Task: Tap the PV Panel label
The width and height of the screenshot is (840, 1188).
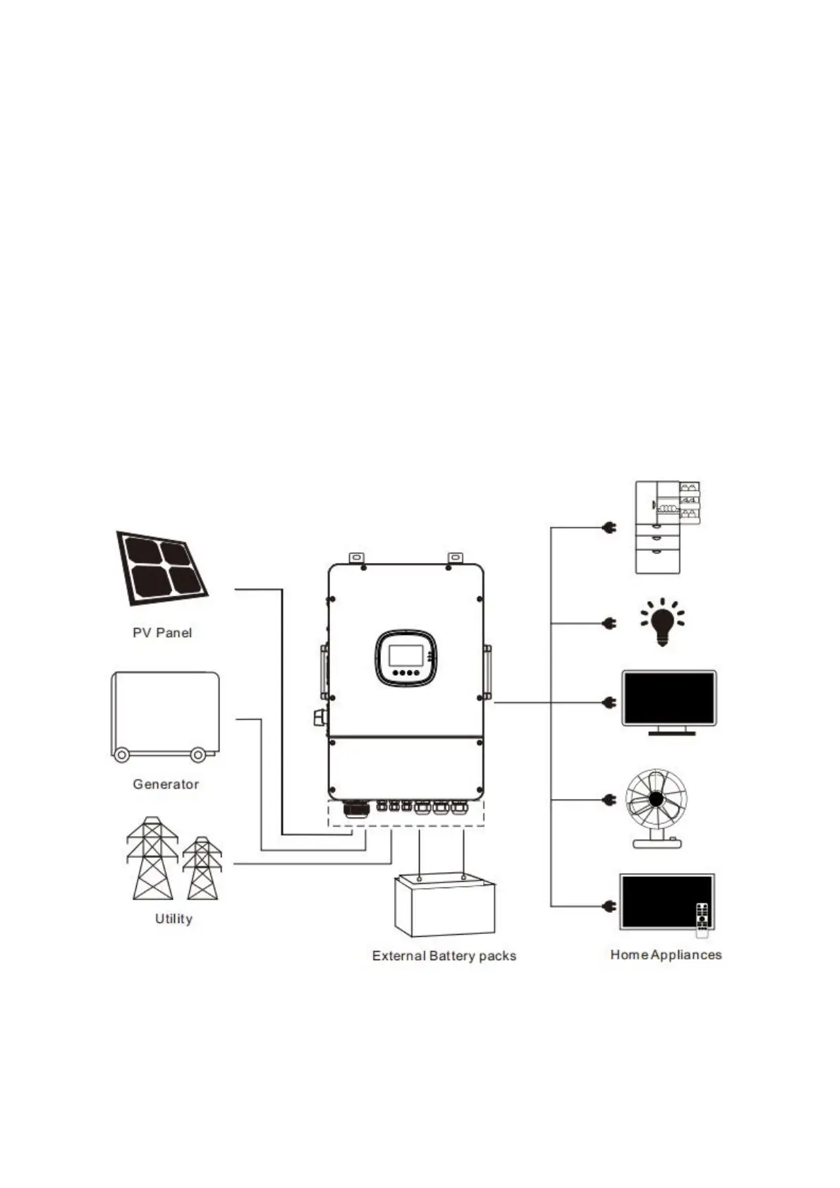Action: (x=162, y=633)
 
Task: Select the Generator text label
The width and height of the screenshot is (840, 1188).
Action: (x=166, y=784)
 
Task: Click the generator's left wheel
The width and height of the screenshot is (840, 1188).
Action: (x=121, y=755)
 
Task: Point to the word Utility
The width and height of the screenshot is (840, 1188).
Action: (x=174, y=919)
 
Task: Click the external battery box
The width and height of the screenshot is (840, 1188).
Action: (x=444, y=906)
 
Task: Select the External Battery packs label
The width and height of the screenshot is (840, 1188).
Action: (x=444, y=956)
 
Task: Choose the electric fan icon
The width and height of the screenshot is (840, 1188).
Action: (x=656, y=808)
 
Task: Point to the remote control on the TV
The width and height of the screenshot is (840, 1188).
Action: (x=702, y=919)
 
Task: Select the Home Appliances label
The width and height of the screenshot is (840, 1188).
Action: (x=666, y=954)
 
